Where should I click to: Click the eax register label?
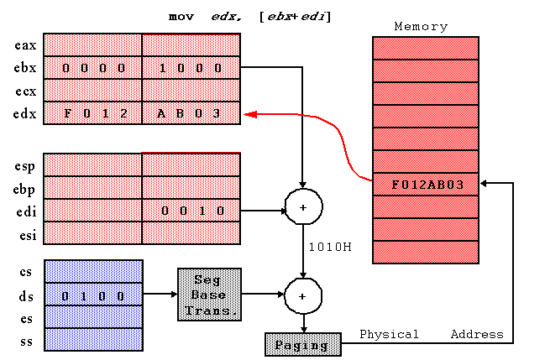coord(25,45)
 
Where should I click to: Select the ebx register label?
coord(25,67)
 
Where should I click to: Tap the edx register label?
coord(24,113)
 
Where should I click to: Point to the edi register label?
coord(26,211)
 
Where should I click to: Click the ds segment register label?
coord(26,296)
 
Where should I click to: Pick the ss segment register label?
coord(26,342)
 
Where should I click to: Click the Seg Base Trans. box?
coord(210,295)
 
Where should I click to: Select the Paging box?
coord(303,344)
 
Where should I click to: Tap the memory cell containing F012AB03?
coord(426,184)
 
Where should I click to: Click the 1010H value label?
coord(330,247)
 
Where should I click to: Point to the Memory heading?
coord(421,26)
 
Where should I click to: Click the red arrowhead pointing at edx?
coord(250,114)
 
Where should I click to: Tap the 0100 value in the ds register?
coord(93,296)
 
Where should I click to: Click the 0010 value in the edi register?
coord(192,211)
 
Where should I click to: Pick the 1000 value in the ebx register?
coord(190,68)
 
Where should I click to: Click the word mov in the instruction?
coord(181,16)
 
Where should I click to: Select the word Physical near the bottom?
coord(389,334)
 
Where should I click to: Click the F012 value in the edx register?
coord(96,113)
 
